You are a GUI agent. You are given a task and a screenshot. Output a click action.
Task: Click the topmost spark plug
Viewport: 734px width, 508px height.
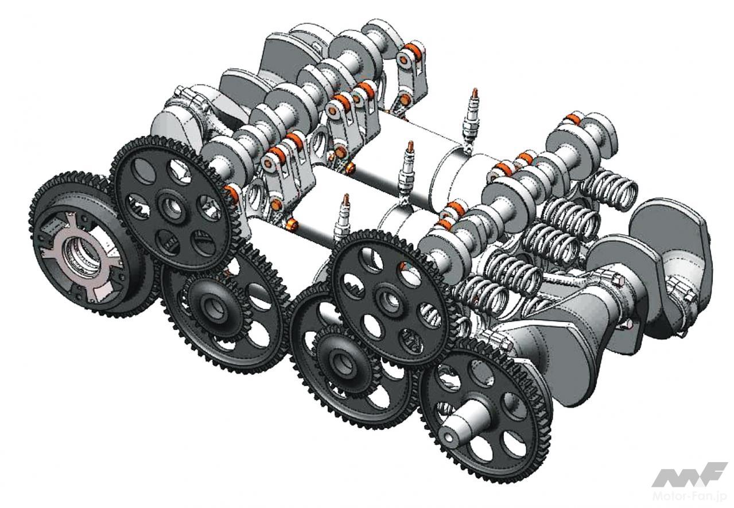coord(472,119)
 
